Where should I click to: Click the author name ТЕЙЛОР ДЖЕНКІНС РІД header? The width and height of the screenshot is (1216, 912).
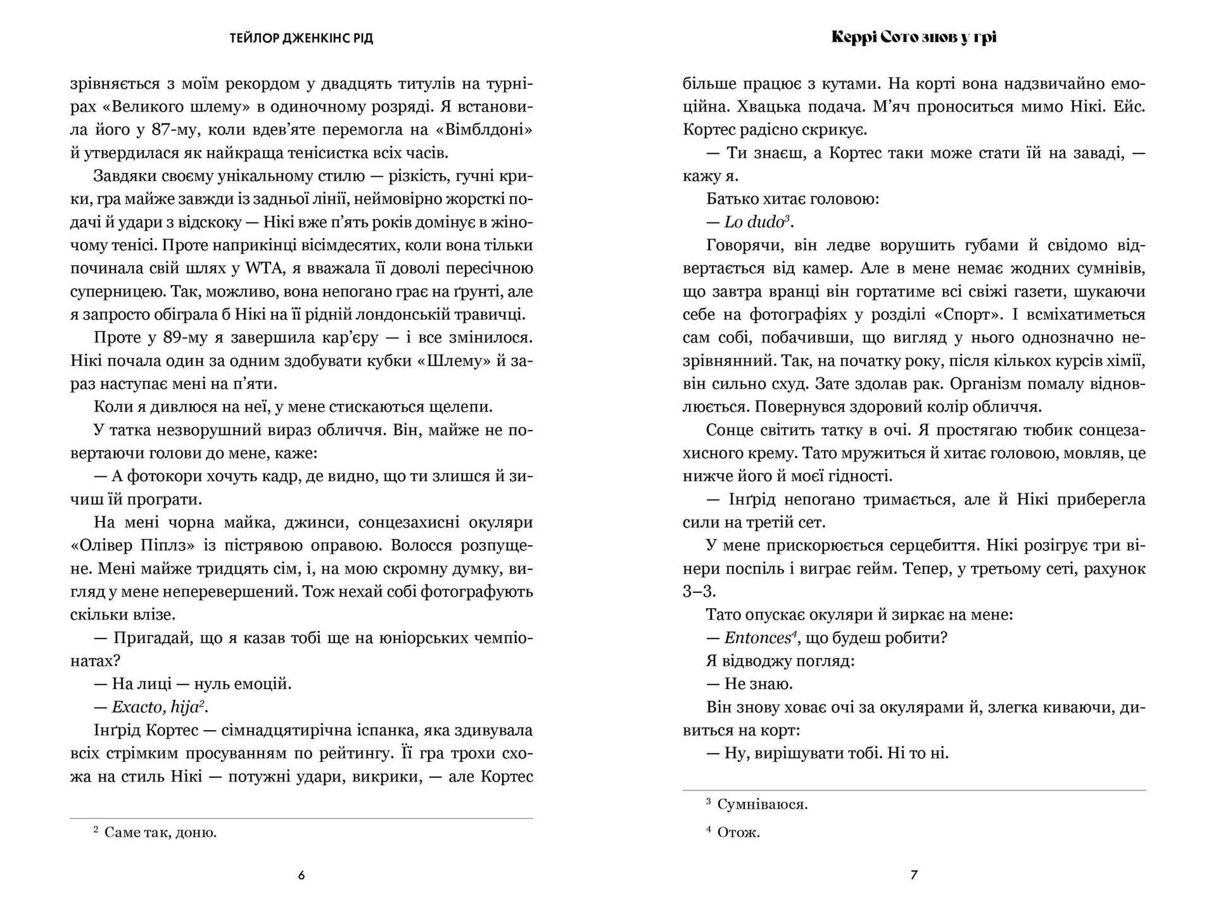click(x=301, y=39)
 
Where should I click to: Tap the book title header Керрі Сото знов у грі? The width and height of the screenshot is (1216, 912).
click(x=914, y=37)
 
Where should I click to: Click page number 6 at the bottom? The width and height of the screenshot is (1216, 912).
click(x=301, y=875)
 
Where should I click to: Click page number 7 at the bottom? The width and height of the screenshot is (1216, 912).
click(x=914, y=875)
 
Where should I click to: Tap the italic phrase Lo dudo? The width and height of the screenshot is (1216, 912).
click(x=754, y=222)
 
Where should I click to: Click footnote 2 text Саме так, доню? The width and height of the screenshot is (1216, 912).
click(x=160, y=832)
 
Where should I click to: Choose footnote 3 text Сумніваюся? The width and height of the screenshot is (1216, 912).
click(x=762, y=804)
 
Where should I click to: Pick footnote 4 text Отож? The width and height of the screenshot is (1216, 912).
click(x=738, y=832)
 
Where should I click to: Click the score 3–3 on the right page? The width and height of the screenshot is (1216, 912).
click(x=699, y=592)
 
